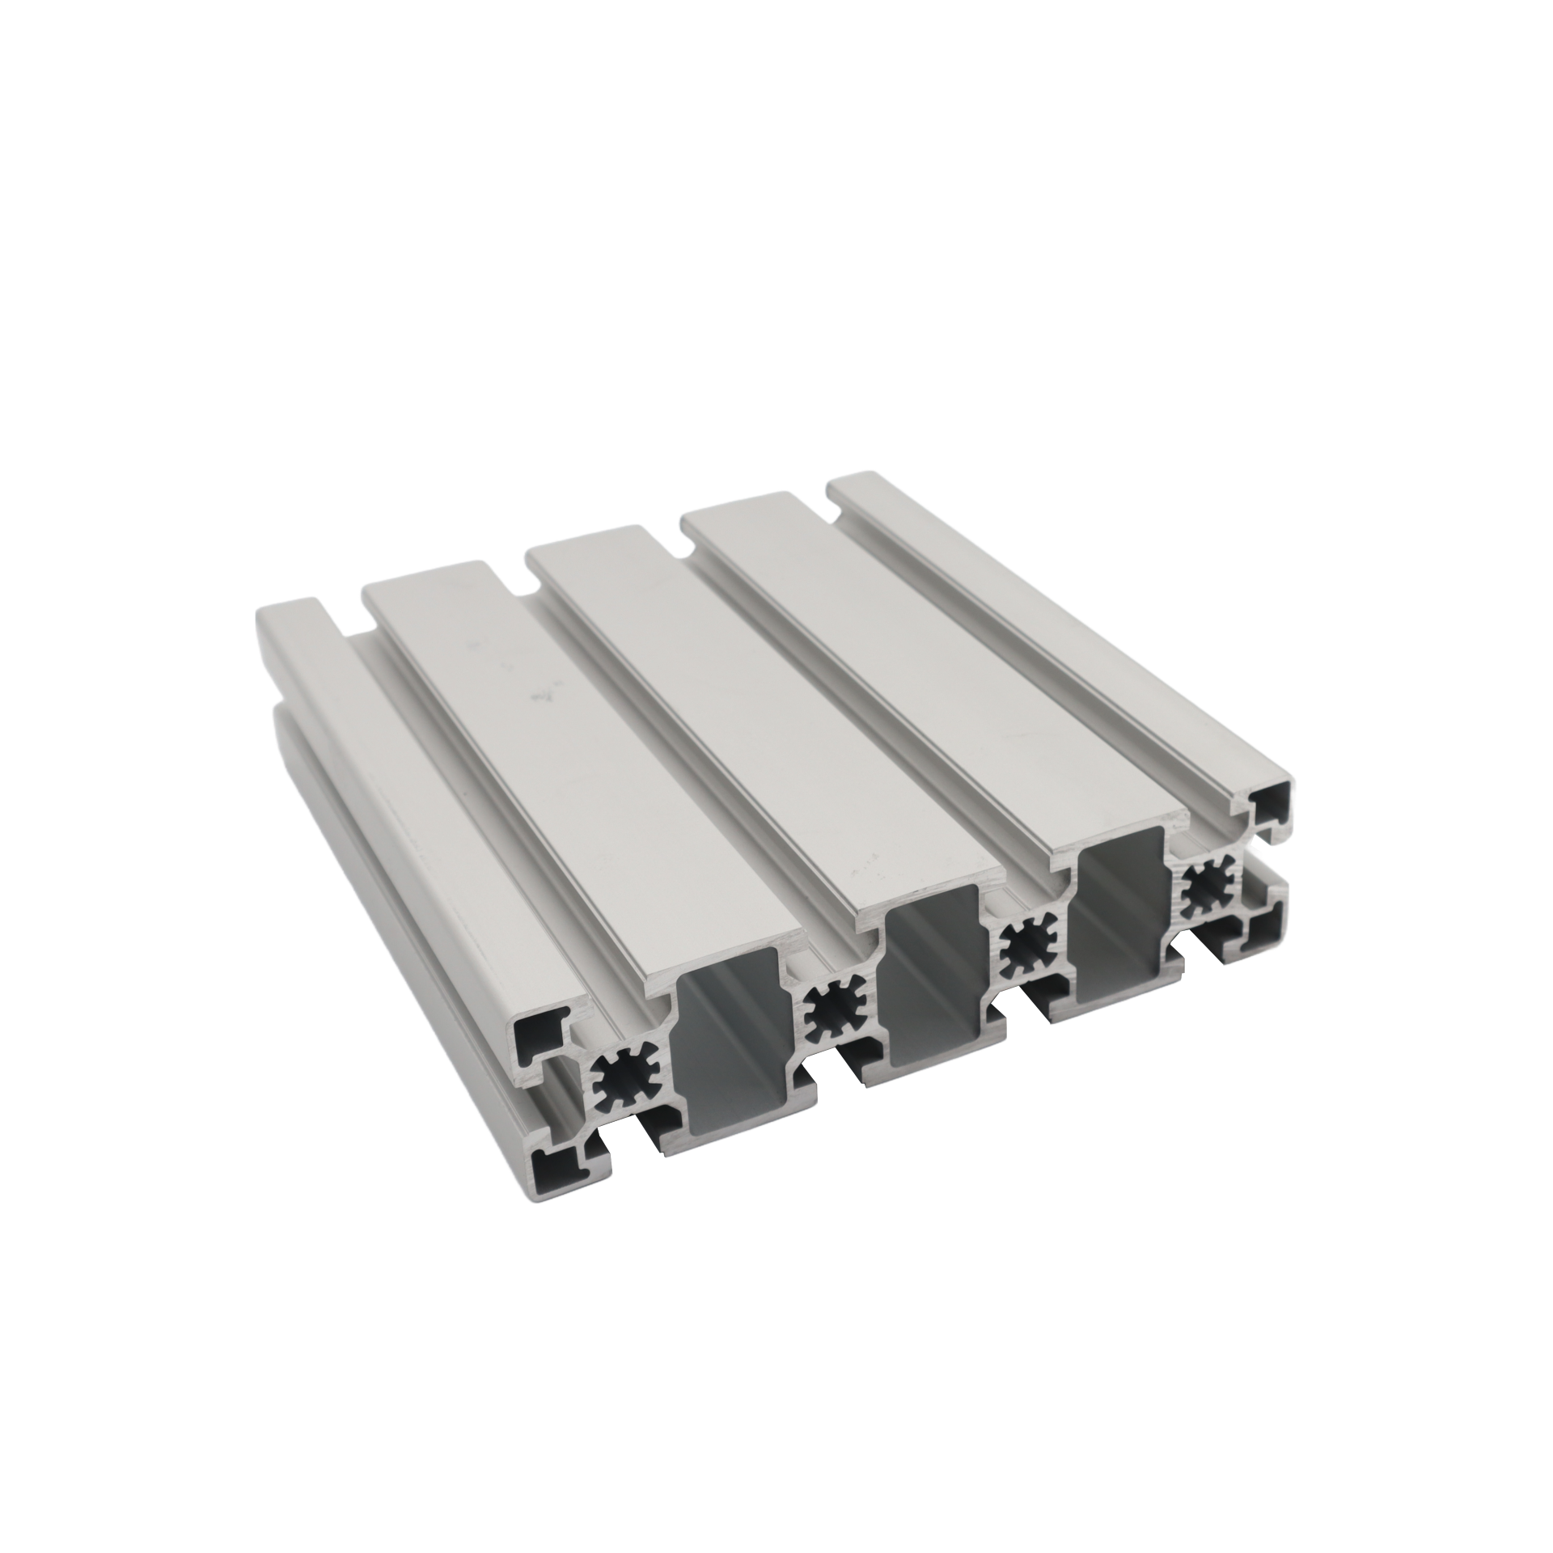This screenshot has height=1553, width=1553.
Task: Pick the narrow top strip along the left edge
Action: [404, 809]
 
